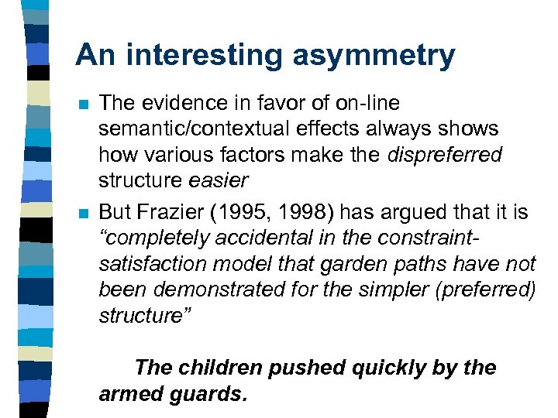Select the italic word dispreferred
click(446, 155)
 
